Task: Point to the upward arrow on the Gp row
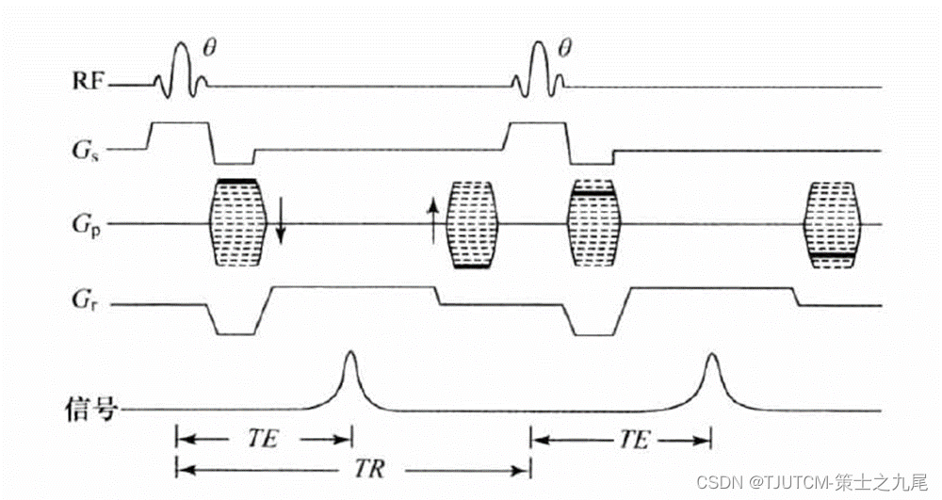coord(433,221)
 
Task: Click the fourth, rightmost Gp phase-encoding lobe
coord(833,225)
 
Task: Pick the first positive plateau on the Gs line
coord(179,124)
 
